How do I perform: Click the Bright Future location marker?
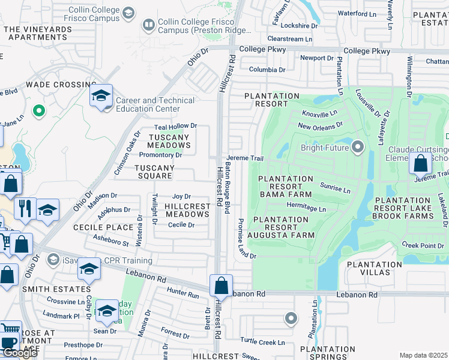358,147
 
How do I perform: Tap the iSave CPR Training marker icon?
53,260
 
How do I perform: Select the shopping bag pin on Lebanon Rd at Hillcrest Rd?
221,286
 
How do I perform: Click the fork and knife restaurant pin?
25,208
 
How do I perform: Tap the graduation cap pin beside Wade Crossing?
101,95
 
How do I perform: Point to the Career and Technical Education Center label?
155,104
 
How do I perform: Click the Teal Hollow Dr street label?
175,127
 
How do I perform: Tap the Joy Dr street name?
181,196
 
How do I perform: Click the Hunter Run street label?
183,295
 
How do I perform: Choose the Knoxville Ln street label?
320,113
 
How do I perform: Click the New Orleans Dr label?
320,126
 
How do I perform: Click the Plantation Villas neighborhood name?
374,269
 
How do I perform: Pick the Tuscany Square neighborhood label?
154,168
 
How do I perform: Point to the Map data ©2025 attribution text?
423,355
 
